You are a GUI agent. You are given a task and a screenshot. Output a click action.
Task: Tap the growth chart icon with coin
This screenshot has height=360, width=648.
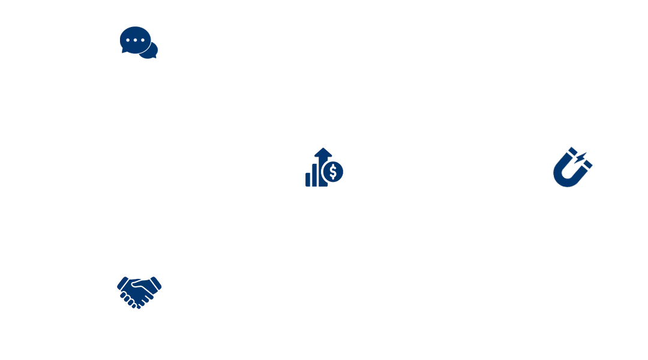(324, 169)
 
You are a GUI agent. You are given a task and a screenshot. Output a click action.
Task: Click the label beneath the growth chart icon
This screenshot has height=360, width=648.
(324, 200)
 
